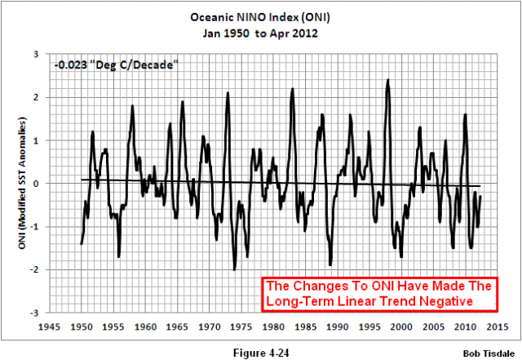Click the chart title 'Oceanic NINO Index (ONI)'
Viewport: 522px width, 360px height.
coord(260,17)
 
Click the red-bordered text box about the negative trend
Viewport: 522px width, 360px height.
coord(378,295)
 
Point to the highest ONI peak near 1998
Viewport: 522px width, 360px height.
coord(388,80)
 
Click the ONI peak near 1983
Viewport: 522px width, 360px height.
coord(292,88)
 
